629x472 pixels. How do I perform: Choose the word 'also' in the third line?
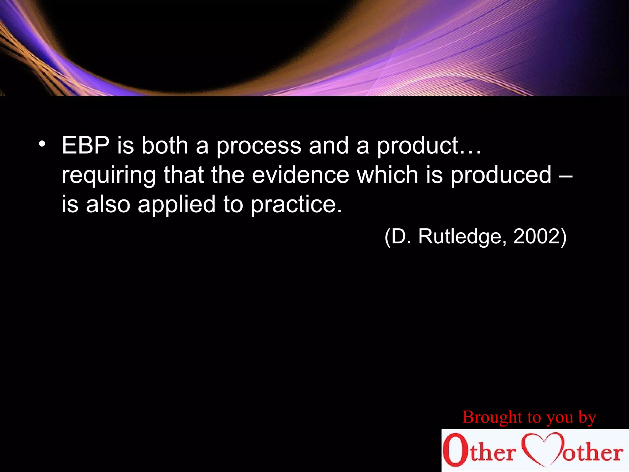point(108,204)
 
